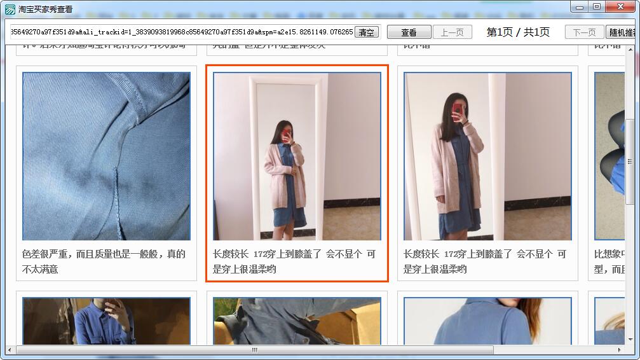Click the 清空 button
click(367, 32)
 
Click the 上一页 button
click(452, 32)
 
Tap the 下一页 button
click(584, 32)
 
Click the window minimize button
click(580, 6)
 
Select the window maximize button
click(596, 6)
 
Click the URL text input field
click(181, 32)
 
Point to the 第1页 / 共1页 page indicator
click(518, 32)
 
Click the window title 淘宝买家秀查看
click(45, 10)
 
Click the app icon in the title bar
click(10, 10)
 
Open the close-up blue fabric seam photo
click(106, 156)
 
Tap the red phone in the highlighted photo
click(286, 135)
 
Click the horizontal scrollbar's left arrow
click(10, 350)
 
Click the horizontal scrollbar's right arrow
click(620, 350)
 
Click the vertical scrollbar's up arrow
click(630, 50)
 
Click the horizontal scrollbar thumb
click(254, 350)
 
